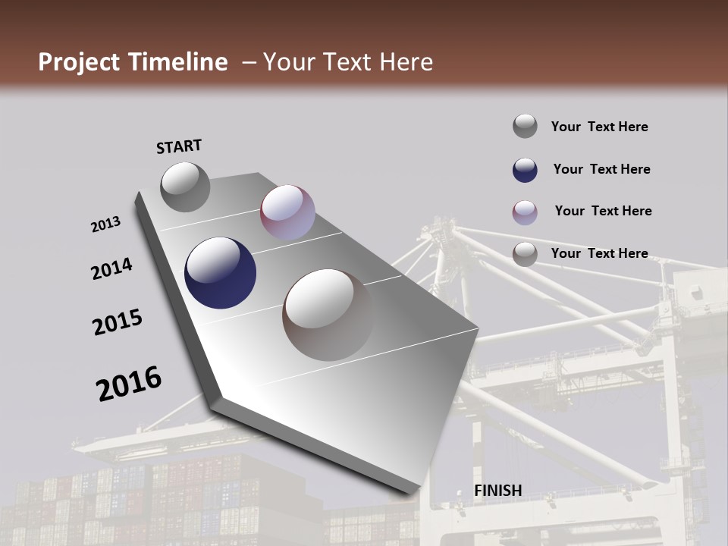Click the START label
click(x=179, y=146)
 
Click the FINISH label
click(x=497, y=491)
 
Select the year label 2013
click(x=105, y=224)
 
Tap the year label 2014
click(x=111, y=269)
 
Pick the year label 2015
click(x=118, y=322)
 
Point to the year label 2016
click(x=129, y=384)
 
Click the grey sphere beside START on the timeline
click(x=185, y=187)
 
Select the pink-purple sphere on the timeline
click(x=287, y=212)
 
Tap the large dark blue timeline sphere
click(x=220, y=273)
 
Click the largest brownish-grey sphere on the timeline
click(x=328, y=315)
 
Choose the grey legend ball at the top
click(x=525, y=126)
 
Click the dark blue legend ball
click(x=525, y=170)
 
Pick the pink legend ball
click(x=525, y=212)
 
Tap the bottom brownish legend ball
click(x=525, y=254)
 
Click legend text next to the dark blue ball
click(x=601, y=169)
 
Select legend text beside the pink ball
click(x=603, y=211)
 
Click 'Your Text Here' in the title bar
click(x=347, y=62)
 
